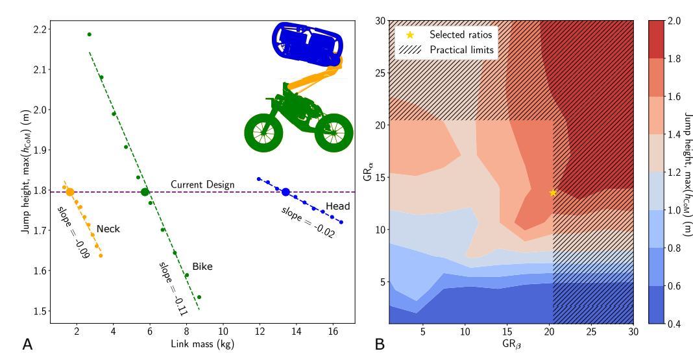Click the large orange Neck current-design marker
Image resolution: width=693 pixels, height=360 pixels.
[69, 192]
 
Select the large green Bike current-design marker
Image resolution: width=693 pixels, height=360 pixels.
[145, 192]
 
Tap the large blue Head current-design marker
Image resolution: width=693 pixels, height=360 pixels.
[286, 192]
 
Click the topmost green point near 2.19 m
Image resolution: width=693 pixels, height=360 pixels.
[90, 34]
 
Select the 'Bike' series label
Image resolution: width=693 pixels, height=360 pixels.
[202, 267]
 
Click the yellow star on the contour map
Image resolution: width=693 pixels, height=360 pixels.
[553, 193]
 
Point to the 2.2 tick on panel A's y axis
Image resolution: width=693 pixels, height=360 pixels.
[42, 29]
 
